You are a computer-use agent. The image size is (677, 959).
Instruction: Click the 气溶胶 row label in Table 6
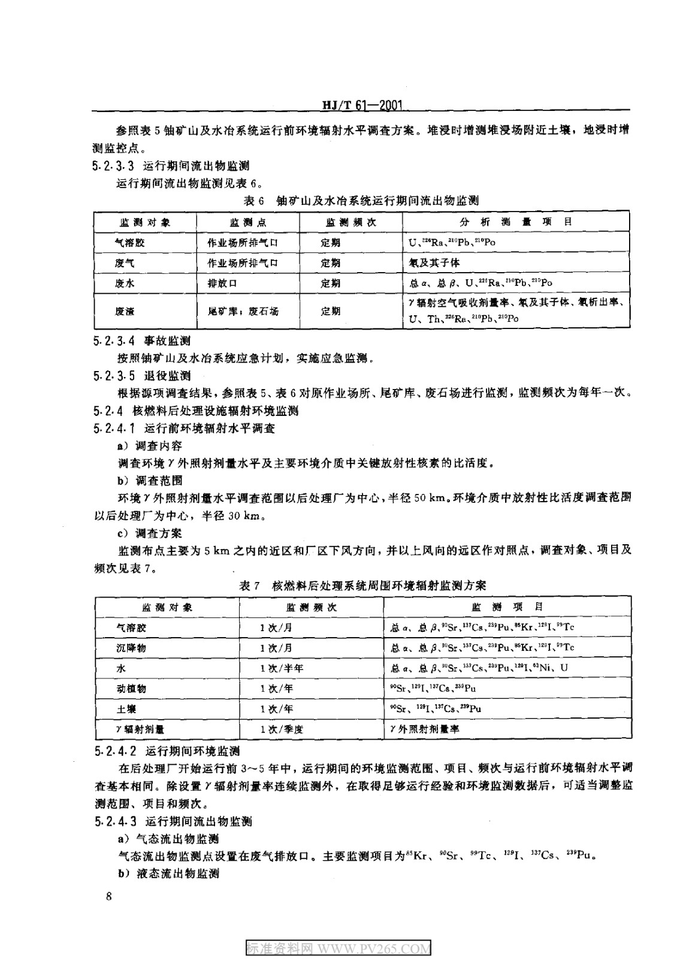[x=131, y=243]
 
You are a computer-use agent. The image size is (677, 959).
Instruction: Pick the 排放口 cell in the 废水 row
[x=219, y=283]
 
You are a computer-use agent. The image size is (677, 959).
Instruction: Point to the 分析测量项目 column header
[x=515, y=222]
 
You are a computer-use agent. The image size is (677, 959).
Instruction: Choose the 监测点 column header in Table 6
[x=247, y=222]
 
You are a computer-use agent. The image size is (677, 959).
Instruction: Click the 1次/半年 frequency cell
[x=282, y=668]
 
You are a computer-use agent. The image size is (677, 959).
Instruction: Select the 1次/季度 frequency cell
[x=282, y=729]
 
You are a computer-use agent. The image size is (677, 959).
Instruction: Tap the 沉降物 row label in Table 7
[x=131, y=647]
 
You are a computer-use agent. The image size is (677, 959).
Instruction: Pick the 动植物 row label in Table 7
[x=131, y=688]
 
